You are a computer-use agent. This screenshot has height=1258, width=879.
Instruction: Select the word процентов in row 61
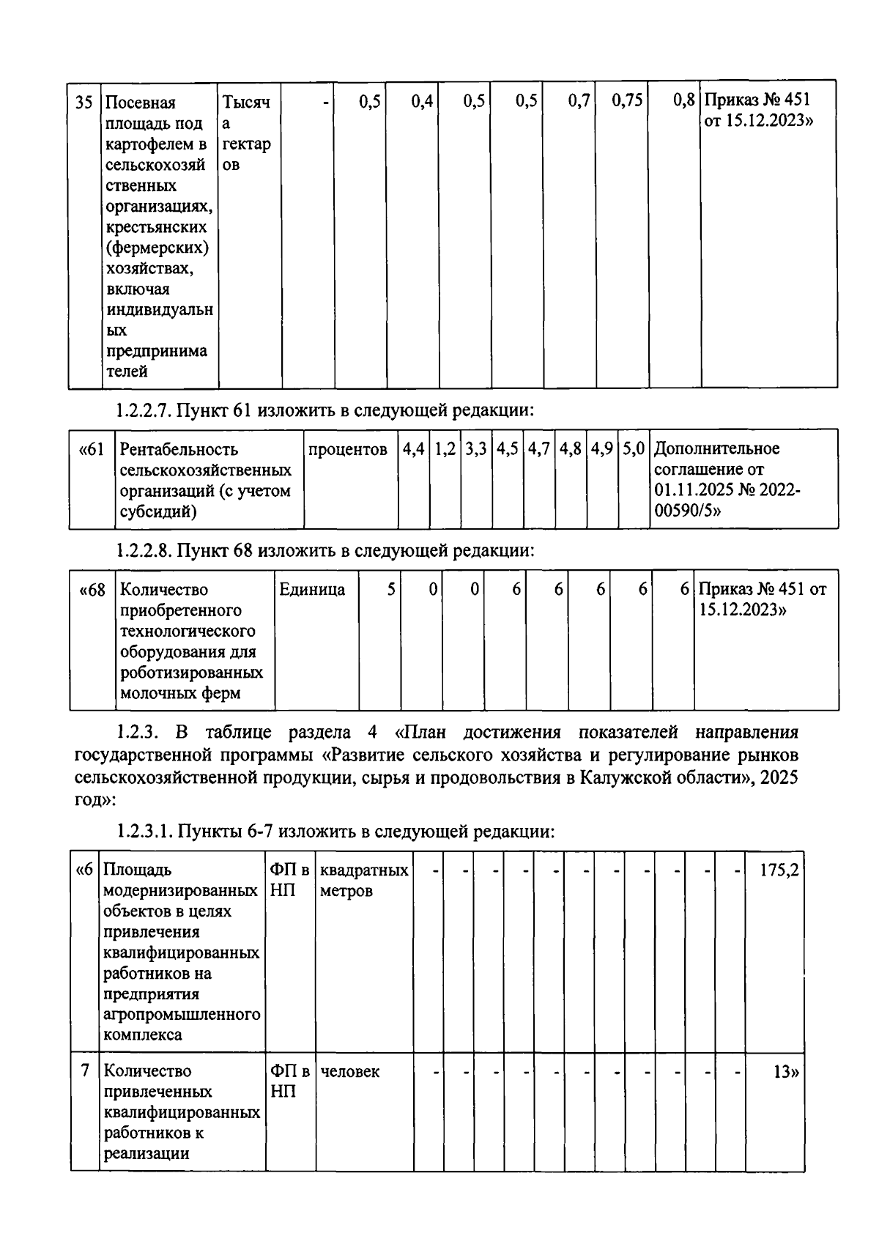point(348,449)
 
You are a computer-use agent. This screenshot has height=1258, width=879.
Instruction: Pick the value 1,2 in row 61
point(445,449)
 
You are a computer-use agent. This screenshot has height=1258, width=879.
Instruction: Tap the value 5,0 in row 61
point(634,449)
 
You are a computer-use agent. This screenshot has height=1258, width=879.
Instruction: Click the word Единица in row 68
point(312,590)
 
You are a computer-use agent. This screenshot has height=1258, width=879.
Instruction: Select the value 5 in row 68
point(391,590)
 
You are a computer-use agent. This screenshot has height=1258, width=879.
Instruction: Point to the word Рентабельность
point(179,449)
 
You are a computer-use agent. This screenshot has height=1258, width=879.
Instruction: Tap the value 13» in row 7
point(786,1072)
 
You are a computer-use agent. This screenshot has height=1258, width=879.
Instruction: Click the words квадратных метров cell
point(364,880)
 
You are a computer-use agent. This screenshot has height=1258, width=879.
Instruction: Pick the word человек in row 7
point(350,1072)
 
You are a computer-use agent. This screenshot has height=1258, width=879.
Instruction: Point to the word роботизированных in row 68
point(191,673)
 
